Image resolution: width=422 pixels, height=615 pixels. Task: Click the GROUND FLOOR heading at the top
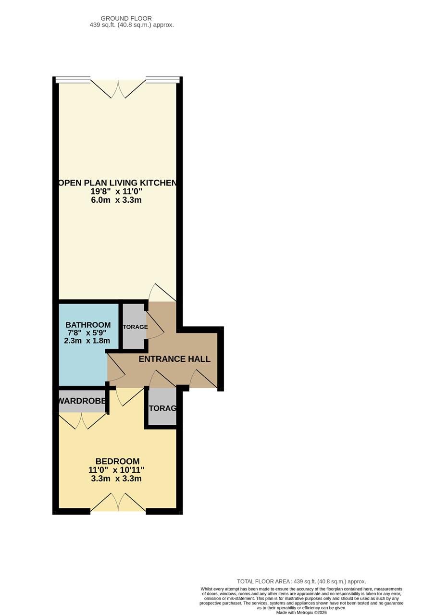click(126, 19)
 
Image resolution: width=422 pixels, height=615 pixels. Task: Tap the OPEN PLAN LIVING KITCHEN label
click(117, 183)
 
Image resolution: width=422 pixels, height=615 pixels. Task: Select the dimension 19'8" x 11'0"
click(116, 191)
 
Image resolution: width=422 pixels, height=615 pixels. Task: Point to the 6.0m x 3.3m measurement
click(116, 200)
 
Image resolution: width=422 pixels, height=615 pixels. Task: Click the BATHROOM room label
click(88, 325)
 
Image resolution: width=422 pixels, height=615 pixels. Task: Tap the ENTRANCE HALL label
click(174, 359)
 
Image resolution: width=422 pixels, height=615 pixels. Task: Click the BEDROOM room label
click(117, 461)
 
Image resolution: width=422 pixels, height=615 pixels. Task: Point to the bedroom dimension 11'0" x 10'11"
click(116, 470)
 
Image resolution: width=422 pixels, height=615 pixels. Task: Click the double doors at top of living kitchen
click(118, 89)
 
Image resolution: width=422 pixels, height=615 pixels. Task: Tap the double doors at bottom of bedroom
click(118, 502)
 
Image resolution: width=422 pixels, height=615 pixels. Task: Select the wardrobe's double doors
click(82, 420)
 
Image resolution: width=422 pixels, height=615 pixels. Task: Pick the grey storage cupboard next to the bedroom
click(162, 407)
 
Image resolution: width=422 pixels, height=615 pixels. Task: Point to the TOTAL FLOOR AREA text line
click(301, 581)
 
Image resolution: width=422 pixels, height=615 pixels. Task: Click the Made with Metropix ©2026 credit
click(301, 613)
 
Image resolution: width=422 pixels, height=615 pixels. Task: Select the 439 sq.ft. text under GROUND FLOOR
click(132, 25)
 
